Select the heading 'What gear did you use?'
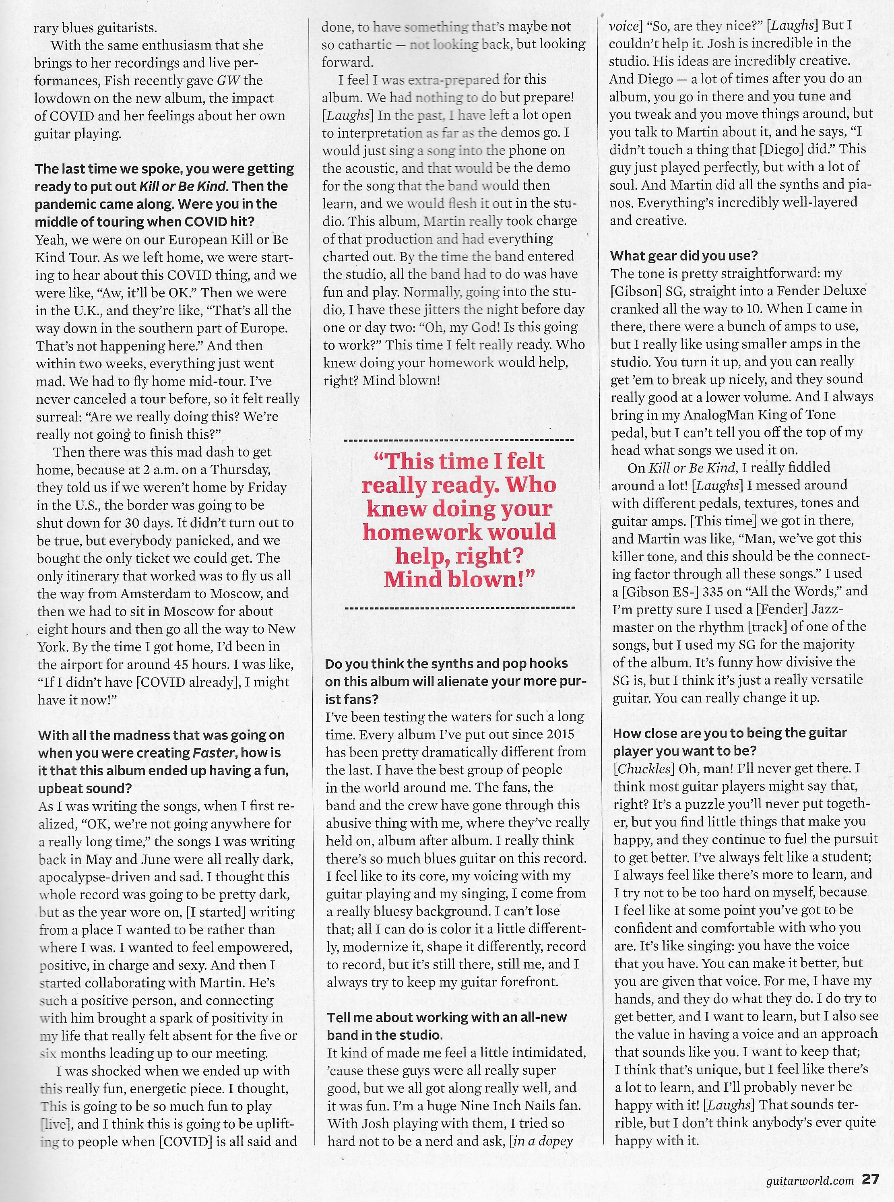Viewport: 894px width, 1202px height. tap(684, 256)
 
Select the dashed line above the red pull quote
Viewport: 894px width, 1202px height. tap(459, 440)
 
